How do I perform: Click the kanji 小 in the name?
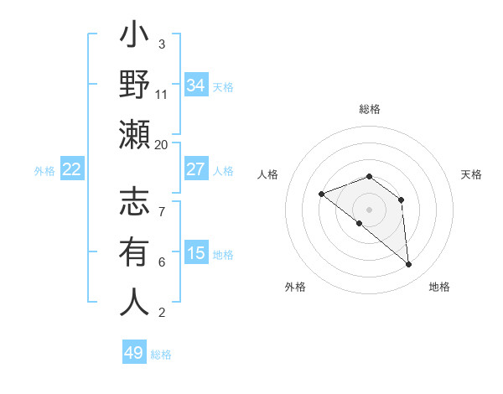point(134,36)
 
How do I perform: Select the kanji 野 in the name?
point(134,85)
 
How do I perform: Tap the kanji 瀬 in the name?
point(134,134)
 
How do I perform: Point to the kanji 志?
point(134,205)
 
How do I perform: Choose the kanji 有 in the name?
point(134,252)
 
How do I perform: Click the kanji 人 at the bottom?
point(134,302)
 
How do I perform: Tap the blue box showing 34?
point(195,86)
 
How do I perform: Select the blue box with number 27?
point(195,169)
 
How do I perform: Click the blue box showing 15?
point(195,253)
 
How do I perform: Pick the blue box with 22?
point(72,169)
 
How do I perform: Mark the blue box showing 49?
point(134,353)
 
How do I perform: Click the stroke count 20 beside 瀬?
point(161,144)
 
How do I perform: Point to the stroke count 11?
point(161,94)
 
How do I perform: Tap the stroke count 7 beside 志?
point(161,203)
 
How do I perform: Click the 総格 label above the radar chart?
point(369,109)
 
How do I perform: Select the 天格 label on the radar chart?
point(471,174)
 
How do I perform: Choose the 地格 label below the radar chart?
point(439,287)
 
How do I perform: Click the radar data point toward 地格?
point(409,265)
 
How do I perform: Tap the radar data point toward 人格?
point(321,194)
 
